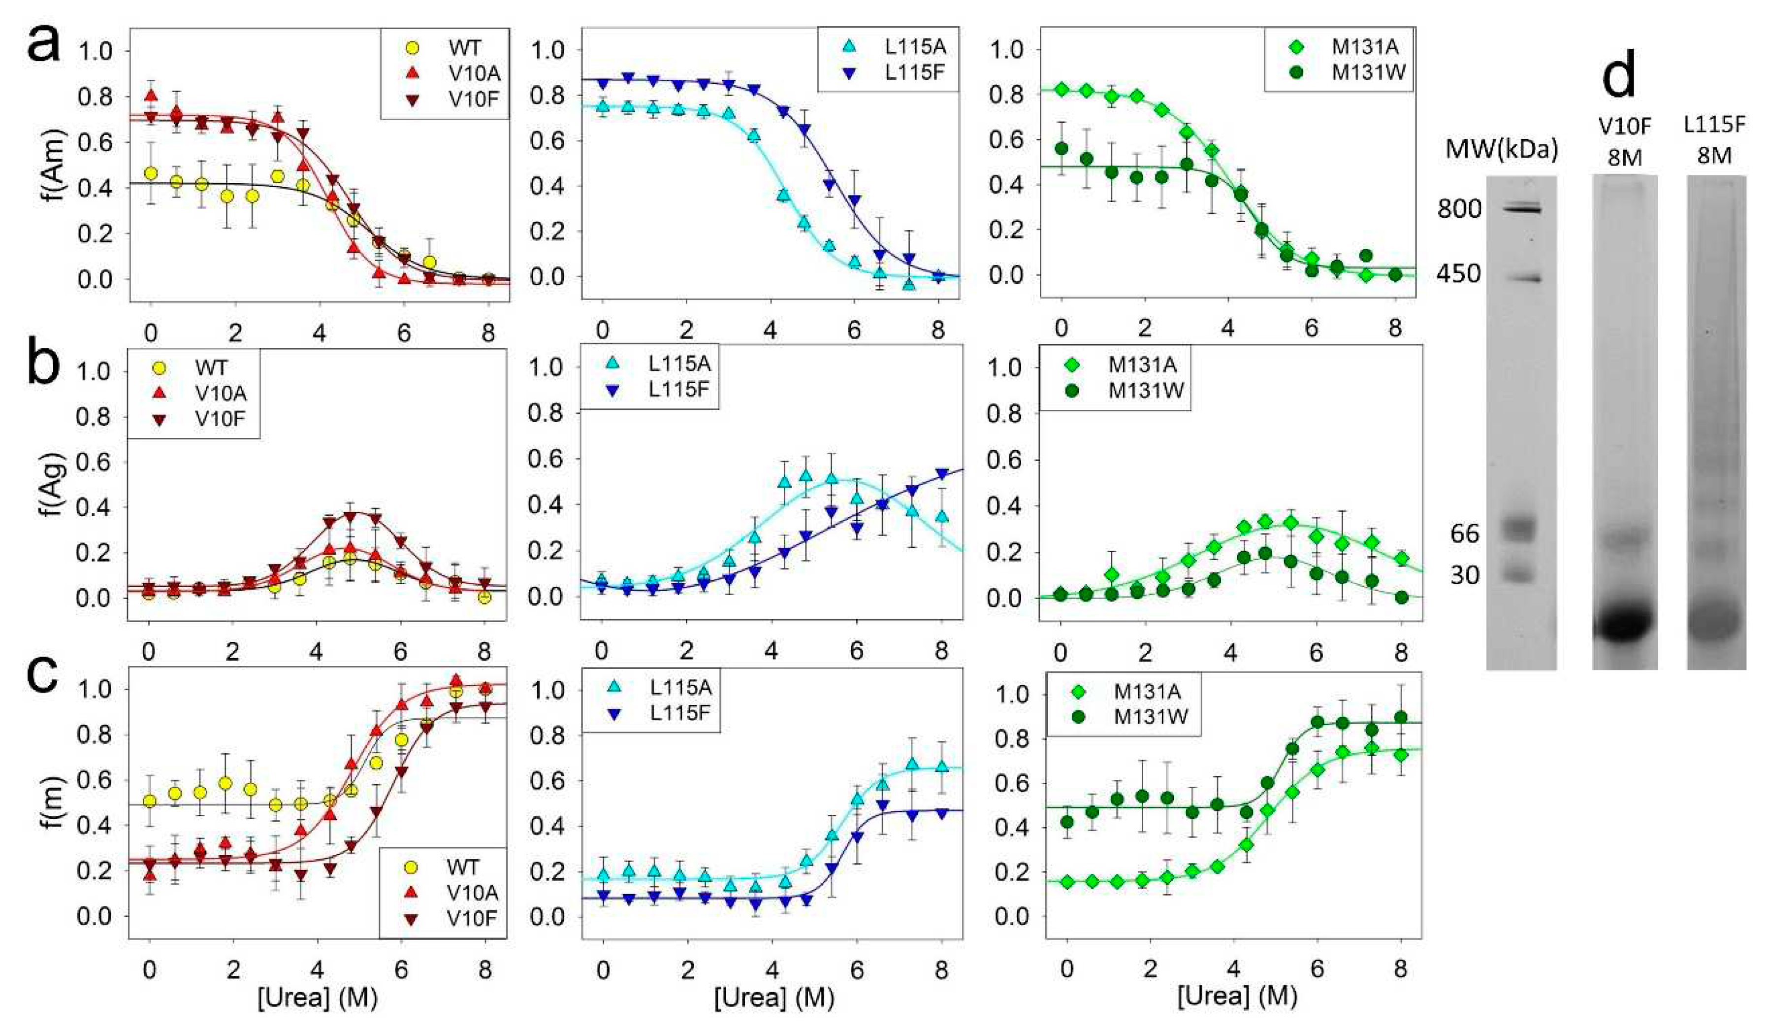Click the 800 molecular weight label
point(1459,209)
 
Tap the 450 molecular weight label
point(1459,273)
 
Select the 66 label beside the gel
point(1464,534)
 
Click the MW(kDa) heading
point(1502,149)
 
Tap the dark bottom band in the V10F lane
point(1625,622)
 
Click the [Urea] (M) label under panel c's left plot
point(318,997)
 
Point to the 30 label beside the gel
point(1464,575)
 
